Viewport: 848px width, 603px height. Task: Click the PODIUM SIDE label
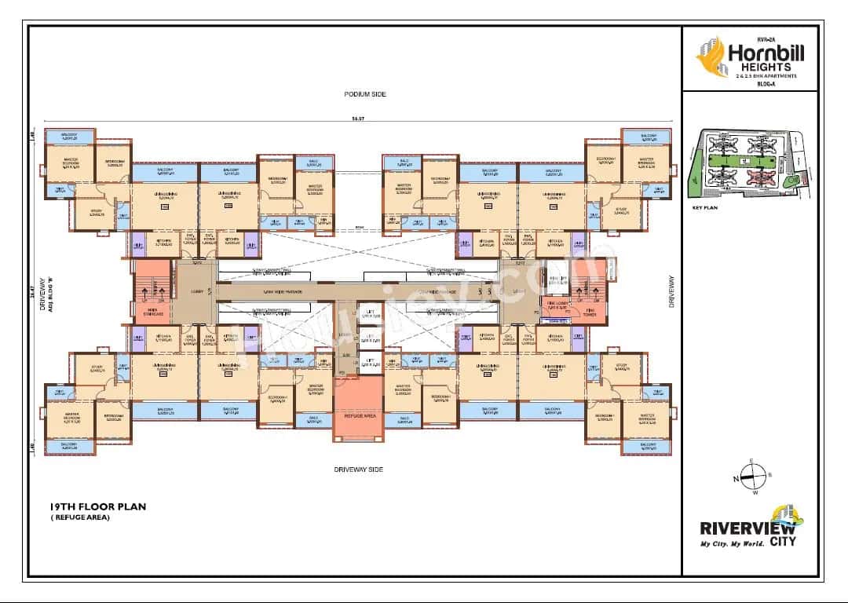click(365, 94)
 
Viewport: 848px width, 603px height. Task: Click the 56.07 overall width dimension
click(358, 119)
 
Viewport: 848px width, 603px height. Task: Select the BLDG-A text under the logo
click(766, 82)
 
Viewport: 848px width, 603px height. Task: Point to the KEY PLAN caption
click(707, 210)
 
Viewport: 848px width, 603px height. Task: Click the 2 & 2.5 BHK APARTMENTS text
click(766, 75)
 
